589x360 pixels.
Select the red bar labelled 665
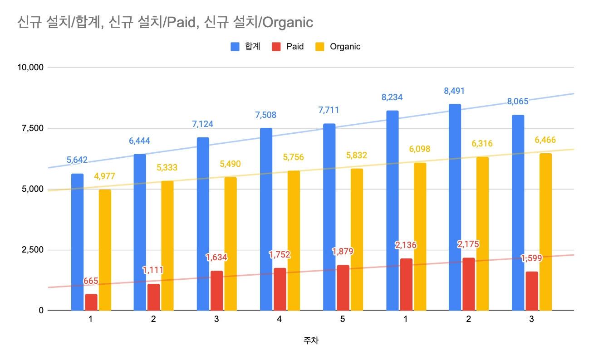pyautogui.click(x=91, y=302)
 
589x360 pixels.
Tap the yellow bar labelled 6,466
pyautogui.click(x=545, y=232)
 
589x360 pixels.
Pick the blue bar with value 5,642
pyautogui.click(x=77, y=242)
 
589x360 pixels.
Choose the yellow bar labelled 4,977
pyautogui.click(x=105, y=250)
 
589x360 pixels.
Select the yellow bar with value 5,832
pyautogui.click(x=357, y=239)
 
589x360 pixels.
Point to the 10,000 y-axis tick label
pyautogui.click(x=29, y=68)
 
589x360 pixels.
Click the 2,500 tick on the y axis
pyautogui.click(x=31, y=250)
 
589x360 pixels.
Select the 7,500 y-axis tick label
pyautogui.click(x=31, y=128)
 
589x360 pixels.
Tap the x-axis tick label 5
pyautogui.click(x=342, y=319)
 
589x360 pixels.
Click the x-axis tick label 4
pyautogui.click(x=280, y=319)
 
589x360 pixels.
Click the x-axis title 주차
pyautogui.click(x=311, y=341)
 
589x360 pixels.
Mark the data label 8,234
pyautogui.click(x=392, y=97)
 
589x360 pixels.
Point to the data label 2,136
pyautogui.click(x=406, y=245)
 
